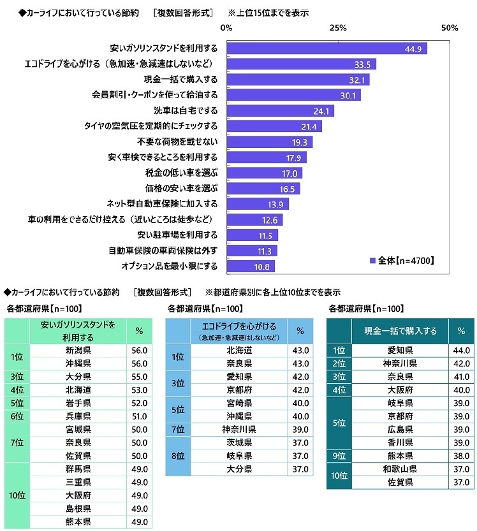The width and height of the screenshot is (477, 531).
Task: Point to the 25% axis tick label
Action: pos(338,27)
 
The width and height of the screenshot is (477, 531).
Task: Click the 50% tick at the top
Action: pos(450,27)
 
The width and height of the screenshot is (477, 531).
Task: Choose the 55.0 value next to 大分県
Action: pos(139,377)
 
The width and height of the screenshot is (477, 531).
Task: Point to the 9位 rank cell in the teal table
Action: pos(339,456)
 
